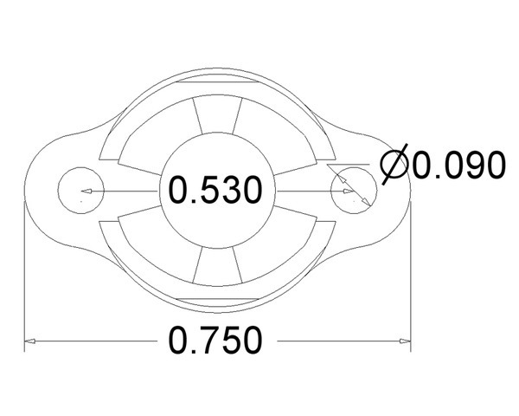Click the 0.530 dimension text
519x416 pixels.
[215, 190]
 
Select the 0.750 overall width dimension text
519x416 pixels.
[215, 341]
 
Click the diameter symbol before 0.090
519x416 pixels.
[394, 164]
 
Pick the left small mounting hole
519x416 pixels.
[81, 191]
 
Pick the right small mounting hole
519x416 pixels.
[354, 191]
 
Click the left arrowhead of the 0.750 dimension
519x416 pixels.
[29, 341]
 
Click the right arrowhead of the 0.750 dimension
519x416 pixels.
[405, 341]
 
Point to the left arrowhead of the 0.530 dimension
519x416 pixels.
[86, 191]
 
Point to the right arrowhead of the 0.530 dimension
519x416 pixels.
[349, 191]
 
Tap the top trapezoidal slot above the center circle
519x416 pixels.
[217, 115]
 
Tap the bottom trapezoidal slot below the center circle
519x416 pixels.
[217, 266]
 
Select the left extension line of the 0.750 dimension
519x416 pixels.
[25, 276]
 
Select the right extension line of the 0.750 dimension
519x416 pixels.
[410, 276]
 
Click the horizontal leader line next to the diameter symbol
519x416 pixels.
[348, 164]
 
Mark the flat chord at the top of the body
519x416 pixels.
[217, 81]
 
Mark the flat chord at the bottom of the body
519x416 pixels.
[217, 299]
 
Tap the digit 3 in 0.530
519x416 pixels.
[229, 190]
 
